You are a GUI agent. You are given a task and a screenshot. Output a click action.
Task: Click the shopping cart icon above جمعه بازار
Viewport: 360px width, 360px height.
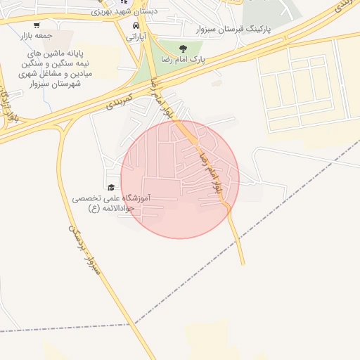[36, 25]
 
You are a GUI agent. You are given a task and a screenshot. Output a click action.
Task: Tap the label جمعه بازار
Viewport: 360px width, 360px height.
[36, 35]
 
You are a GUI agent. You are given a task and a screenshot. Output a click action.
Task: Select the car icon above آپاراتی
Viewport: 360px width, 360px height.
[135, 25]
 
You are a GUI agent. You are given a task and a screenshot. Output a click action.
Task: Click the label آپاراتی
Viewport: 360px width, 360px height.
[135, 35]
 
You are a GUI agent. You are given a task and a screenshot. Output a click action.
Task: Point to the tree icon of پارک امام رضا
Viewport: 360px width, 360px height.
[183, 49]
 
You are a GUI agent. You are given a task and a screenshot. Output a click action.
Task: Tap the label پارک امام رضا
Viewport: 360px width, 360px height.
[183, 60]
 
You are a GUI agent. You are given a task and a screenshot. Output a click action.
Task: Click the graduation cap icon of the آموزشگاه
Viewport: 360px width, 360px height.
[111, 187]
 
